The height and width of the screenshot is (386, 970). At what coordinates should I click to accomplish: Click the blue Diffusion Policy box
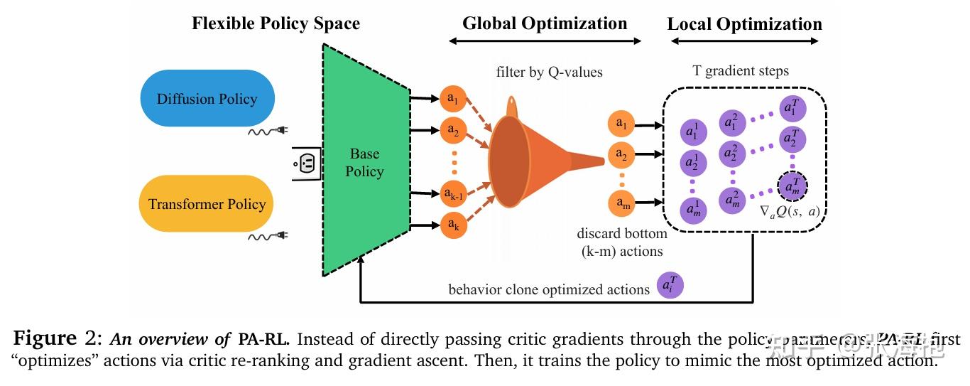point(207,98)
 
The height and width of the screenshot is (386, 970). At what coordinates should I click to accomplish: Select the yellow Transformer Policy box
point(207,204)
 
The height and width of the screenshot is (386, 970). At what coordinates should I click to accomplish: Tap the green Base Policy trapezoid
point(366,162)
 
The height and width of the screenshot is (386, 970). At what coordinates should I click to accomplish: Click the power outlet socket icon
point(303,163)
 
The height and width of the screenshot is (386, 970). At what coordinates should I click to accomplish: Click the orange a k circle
point(452,225)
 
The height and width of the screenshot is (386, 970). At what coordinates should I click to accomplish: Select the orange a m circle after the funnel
point(622,205)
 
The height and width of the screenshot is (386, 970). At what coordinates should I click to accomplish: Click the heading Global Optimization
point(545,23)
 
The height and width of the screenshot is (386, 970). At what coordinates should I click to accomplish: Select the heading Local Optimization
point(744,24)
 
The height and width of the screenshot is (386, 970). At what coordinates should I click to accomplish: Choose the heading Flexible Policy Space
point(276,23)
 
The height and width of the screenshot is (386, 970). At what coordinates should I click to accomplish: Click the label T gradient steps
point(740,71)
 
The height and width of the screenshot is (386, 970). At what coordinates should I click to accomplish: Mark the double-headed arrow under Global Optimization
point(545,41)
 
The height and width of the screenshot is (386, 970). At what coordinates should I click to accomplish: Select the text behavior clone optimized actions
point(549,289)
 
